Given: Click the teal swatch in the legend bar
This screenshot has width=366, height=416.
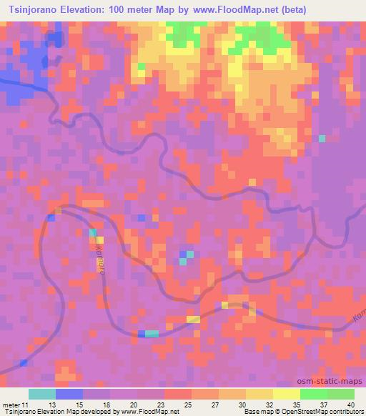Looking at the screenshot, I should pos(42,394).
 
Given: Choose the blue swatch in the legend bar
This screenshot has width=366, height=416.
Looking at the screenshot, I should pos(69,394).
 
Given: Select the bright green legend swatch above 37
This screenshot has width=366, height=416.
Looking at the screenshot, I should pos(314,394).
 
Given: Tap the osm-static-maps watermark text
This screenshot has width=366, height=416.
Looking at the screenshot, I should pos(335,381).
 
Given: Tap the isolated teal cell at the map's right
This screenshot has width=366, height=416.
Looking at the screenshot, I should pos(322,138).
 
